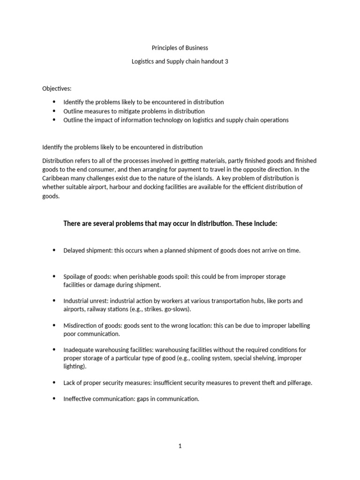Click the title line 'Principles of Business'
(180, 48)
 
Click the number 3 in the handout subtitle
(226, 61)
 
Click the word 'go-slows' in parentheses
(179, 310)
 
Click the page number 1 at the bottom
(180, 446)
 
